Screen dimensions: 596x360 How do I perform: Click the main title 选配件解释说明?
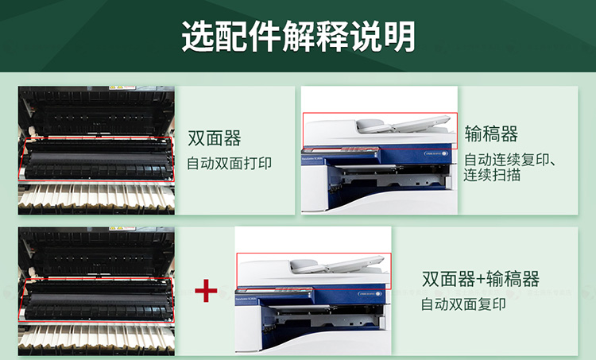(x=298, y=37)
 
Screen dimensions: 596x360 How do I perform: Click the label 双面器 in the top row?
(x=215, y=138)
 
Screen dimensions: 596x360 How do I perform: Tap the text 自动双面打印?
(x=229, y=164)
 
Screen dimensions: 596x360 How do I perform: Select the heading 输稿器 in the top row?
(x=491, y=134)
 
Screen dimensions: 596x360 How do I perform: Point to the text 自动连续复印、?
(x=509, y=160)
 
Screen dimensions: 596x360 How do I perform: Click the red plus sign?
(x=206, y=291)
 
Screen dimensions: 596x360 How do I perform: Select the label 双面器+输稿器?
(x=481, y=279)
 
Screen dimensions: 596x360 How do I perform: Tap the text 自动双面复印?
(x=463, y=304)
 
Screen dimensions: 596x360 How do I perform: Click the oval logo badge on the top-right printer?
(x=435, y=154)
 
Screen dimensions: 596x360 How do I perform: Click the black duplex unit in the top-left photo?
(x=98, y=160)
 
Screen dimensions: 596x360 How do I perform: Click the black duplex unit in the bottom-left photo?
(x=98, y=300)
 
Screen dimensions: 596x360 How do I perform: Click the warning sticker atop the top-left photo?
(x=122, y=87)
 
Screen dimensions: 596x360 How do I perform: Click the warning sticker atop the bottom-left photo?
(x=122, y=229)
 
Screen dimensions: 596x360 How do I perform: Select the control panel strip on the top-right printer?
(x=342, y=149)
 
